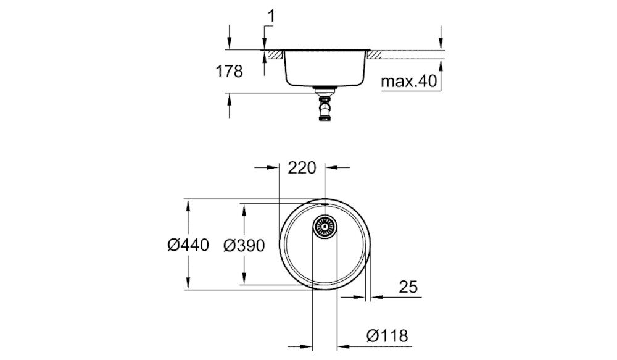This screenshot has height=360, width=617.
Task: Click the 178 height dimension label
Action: pos(230,72)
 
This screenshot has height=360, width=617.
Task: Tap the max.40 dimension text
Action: pos(408,81)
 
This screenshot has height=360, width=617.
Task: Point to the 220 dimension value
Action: pos(302,167)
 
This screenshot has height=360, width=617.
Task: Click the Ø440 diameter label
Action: pos(188,245)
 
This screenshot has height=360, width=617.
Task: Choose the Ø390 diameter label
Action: pos(243,245)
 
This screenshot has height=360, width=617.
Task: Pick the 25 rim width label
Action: pos(408,287)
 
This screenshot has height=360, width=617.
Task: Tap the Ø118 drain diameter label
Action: pos(387,336)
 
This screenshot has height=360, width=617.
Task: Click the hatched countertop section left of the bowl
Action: pos(276,54)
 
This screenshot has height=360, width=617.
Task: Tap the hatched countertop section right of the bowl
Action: pos(374,54)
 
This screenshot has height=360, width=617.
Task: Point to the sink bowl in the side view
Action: pos(325,68)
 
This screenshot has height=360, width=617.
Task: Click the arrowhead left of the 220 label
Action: pos(275,167)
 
